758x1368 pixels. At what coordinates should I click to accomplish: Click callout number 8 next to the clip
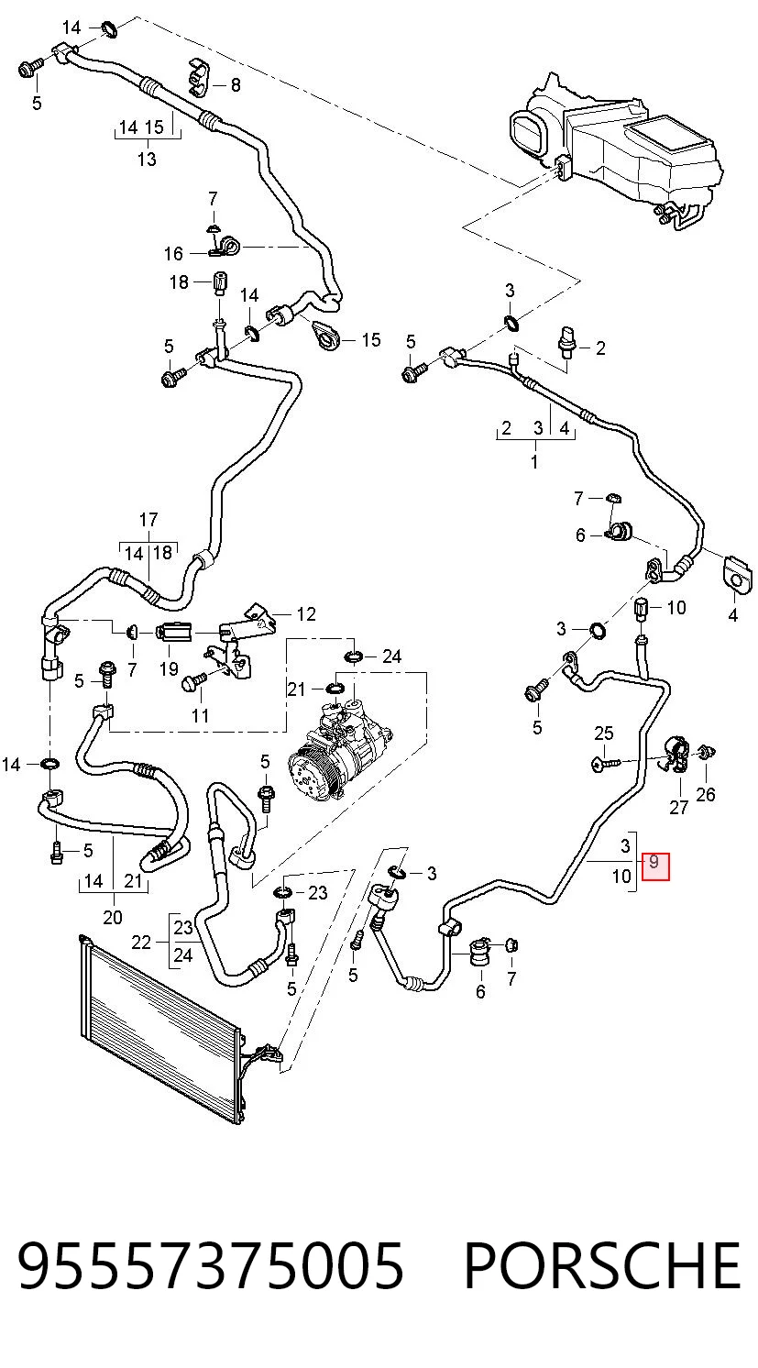pos(236,85)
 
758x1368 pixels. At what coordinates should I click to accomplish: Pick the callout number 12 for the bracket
pos(306,613)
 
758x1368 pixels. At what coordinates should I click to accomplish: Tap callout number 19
pos(169,668)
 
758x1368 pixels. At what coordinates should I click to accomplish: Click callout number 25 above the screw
pos(604,733)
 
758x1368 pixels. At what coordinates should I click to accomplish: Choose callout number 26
pos(706,794)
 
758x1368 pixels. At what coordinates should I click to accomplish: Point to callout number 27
pos(678,808)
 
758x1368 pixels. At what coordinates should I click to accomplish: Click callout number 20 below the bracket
pos(113,917)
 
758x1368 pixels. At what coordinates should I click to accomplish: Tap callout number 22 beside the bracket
pos(141,943)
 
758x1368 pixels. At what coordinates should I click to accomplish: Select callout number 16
pos(173,253)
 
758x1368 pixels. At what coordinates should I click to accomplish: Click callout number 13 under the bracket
pos(147,159)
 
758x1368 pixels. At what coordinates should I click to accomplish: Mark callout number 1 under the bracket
pos(534,462)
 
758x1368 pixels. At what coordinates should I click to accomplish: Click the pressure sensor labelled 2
pos(566,345)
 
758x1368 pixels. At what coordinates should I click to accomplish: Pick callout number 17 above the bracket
pos(148,520)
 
